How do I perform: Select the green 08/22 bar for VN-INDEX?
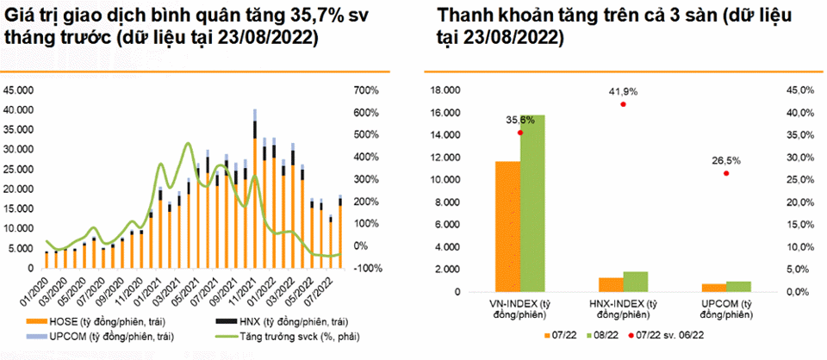tap(532, 203)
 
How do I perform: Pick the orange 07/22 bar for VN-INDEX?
tap(507, 227)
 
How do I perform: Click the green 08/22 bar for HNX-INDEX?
tap(636, 282)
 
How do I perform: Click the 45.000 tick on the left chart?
tap(19, 90)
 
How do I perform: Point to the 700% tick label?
tap(366, 90)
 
